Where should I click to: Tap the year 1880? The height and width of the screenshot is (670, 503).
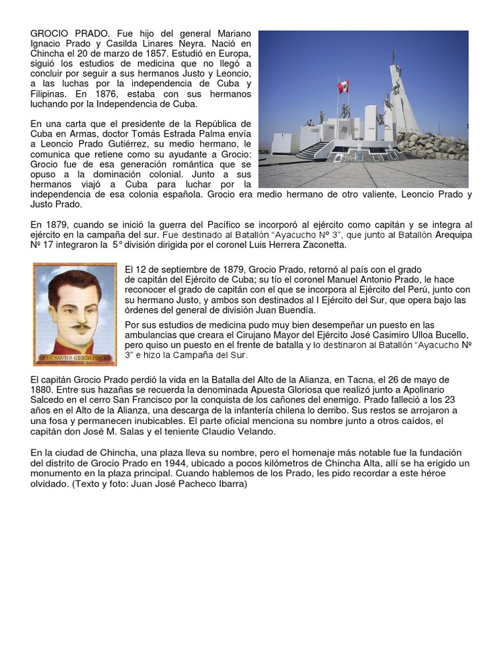(x=42, y=390)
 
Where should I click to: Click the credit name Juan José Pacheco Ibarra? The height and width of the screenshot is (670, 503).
(x=191, y=484)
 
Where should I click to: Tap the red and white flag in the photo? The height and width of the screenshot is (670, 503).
(x=343, y=86)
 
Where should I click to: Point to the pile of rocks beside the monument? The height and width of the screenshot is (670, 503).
(x=436, y=145)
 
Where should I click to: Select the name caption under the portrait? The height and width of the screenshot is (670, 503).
(x=75, y=359)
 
